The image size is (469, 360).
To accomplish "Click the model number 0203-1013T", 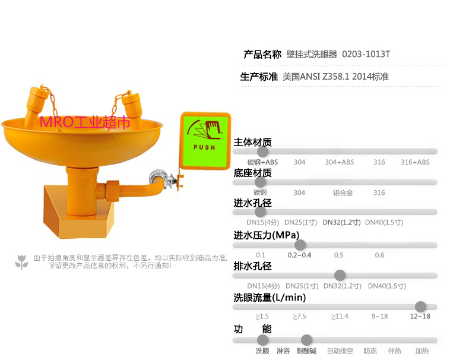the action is [x=366, y=54].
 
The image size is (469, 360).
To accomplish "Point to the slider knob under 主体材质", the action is [x=262, y=151].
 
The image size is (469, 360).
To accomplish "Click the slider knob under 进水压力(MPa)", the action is [x=300, y=245].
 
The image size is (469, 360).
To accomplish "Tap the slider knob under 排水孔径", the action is [x=340, y=275].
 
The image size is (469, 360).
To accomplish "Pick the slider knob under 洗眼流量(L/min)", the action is [x=420, y=307].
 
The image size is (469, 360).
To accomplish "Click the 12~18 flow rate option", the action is [x=420, y=316].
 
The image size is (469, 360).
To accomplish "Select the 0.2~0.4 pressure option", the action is [x=299, y=255].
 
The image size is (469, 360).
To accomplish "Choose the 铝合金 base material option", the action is [x=343, y=192].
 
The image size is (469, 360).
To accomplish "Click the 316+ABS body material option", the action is [x=415, y=162].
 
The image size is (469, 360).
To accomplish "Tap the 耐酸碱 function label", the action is [x=306, y=351].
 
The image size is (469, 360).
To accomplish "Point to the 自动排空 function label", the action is [x=340, y=351].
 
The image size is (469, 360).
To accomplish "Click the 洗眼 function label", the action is [x=262, y=351].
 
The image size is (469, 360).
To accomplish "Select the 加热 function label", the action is [x=422, y=351].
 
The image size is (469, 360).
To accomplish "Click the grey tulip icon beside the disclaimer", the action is [x=22, y=261].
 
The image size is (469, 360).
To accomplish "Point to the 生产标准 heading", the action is [x=259, y=77].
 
